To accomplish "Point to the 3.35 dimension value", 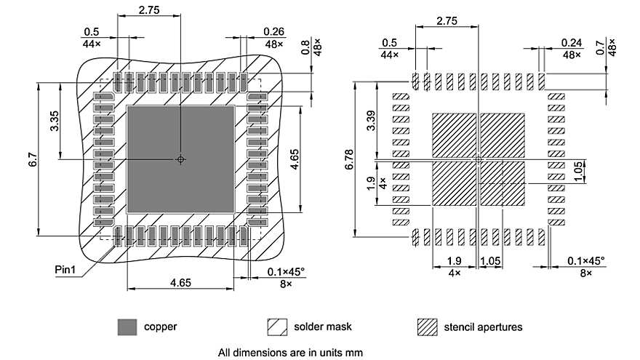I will pos(55,121).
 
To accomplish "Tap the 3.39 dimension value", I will pos(371,121).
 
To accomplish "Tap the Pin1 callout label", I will pos(67,270).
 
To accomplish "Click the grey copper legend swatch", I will pos(127,327).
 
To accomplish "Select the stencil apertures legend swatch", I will pos(427,327).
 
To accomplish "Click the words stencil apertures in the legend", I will pos(483,327).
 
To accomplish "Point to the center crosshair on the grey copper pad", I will pos(181,159).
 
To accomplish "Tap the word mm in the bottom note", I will pos(353,353).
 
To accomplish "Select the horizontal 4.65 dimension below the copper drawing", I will pos(181,281).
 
